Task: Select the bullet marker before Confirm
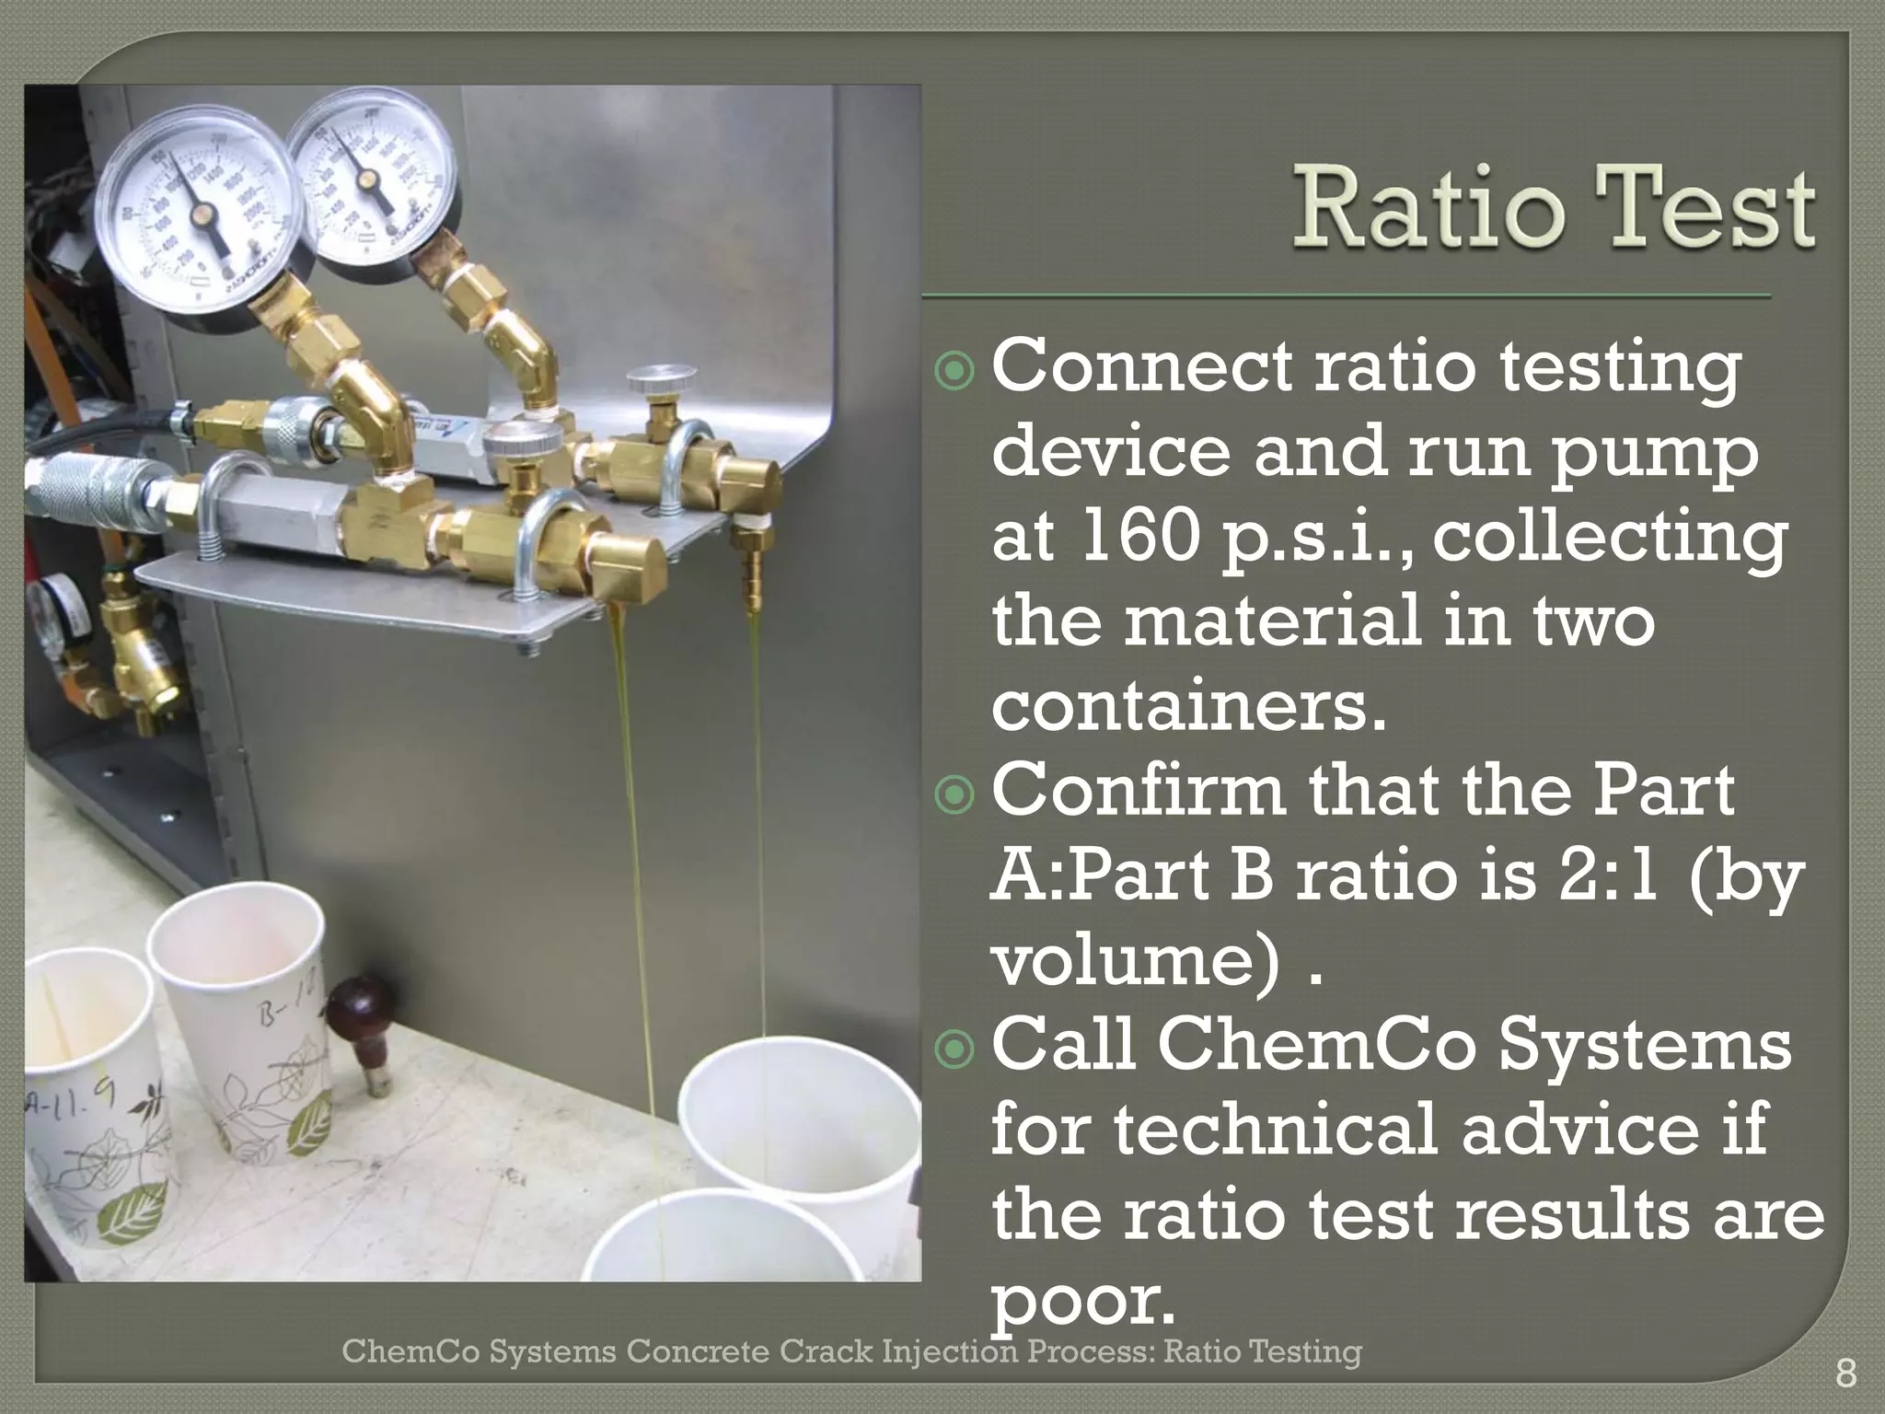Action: (954, 795)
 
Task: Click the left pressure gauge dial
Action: (201, 214)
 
